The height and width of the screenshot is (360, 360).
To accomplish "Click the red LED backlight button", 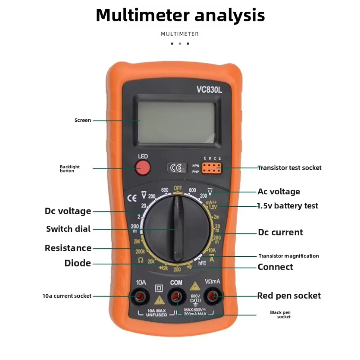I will tap(143, 168).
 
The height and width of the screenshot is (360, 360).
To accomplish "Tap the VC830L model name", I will tap(209, 90).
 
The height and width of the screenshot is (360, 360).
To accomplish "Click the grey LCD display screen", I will tap(178, 120).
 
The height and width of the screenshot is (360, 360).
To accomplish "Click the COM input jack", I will tap(176, 296).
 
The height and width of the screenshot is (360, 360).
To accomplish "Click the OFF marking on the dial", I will tap(178, 188).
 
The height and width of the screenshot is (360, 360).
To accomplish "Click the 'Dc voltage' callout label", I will tap(68, 211).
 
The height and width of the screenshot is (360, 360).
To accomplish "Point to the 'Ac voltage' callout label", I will tap(279, 192).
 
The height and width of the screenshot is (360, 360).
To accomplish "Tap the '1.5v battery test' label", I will tap(287, 206).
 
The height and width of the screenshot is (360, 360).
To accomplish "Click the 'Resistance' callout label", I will tap(68, 248).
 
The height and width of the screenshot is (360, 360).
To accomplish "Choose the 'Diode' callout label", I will tap(77, 263).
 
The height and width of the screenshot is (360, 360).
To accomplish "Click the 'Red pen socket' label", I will tap(289, 296).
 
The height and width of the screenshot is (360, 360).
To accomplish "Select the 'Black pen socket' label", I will tap(280, 315).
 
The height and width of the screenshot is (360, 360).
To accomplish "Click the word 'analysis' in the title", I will tap(229, 15).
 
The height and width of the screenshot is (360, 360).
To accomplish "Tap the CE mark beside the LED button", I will tap(175, 168).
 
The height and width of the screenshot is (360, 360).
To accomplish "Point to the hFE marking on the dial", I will tap(202, 263).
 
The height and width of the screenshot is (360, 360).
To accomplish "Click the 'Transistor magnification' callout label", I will tap(288, 256).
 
